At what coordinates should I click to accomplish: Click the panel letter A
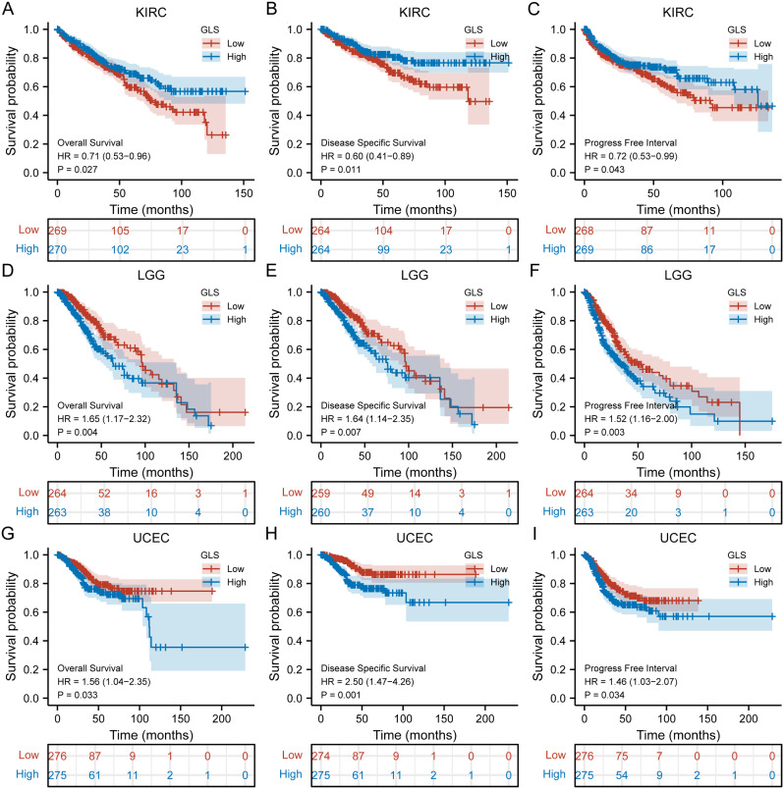click(x=9, y=9)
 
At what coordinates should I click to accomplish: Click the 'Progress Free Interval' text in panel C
click(x=629, y=139)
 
